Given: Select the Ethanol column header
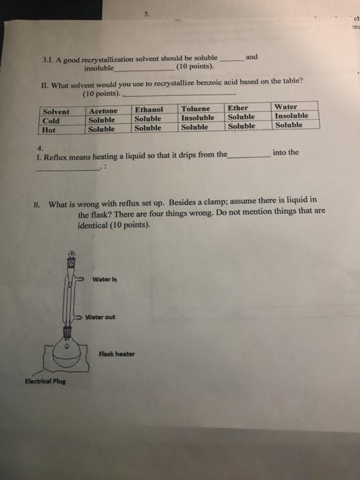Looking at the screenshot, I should (x=149, y=109).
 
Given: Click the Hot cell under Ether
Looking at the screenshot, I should (x=241, y=125).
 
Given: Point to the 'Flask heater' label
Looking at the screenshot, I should (x=117, y=354).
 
